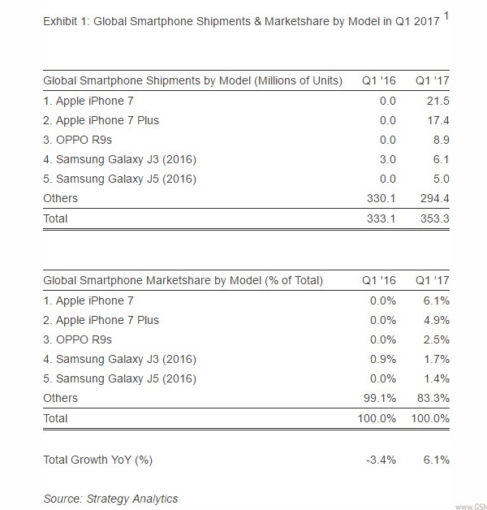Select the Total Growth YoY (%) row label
[x=97, y=460]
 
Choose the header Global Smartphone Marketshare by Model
[x=183, y=281]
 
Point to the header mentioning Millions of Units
[x=192, y=80]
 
